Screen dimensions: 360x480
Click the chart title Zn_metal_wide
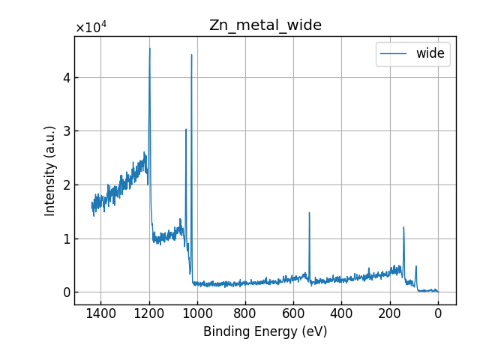tap(265, 25)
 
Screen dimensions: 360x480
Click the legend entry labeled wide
tap(430, 53)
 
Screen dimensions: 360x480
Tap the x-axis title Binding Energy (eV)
tap(265, 331)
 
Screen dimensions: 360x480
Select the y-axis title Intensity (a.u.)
tap(50, 170)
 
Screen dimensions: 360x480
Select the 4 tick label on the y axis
tap(66, 77)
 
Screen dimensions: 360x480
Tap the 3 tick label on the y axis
tap(66, 131)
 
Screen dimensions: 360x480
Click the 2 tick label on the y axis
tap(66, 184)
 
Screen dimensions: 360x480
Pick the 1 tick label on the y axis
tap(66, 238)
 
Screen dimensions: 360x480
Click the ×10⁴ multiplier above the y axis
tap(91, 28)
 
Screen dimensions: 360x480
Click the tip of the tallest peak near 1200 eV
tap(150, 49)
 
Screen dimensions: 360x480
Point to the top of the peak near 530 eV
tap(309, 213)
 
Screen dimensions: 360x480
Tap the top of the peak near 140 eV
tap(403, 227)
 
